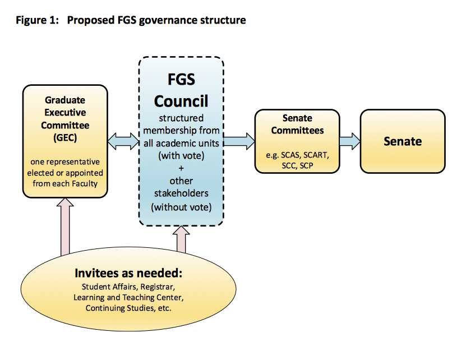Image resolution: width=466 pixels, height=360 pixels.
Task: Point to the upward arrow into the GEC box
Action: click(66, 228)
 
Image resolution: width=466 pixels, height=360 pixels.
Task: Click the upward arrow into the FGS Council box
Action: click(182, 239)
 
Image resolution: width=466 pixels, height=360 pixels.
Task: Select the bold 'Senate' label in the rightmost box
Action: click(402, 141)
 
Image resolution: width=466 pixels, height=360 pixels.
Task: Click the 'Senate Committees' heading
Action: click(297, 124)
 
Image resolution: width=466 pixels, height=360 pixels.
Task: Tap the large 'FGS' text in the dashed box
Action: click(181, 79)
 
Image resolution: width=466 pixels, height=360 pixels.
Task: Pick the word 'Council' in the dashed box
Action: click(181, 101)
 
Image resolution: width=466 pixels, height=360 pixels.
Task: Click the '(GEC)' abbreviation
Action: click(65, 136)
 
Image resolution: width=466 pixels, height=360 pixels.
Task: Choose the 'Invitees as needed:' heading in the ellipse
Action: click(128, 274)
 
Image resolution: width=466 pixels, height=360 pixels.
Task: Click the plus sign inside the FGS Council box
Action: click(181, 168)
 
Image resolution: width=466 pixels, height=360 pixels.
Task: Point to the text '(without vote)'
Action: click(181, 207)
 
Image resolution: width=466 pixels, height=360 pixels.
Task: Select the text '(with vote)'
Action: click(181, 155)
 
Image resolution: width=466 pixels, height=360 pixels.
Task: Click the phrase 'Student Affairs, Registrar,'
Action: click(128, 287)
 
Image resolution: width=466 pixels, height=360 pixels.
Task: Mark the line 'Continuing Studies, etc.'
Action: click(128, 308)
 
